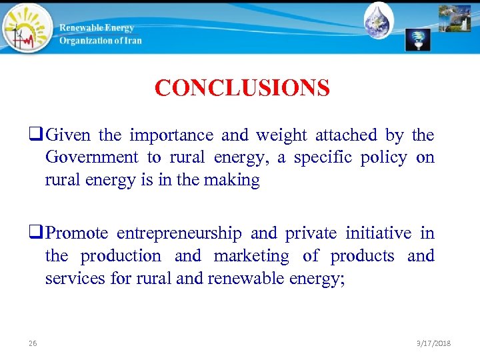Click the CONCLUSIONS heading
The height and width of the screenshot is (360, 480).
[x=242, y=88]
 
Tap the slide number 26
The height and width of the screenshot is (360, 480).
[x=33, y=343]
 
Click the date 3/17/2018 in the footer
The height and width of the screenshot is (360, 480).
[x=433, y=343]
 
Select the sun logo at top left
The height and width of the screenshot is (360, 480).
[x=25, y=28]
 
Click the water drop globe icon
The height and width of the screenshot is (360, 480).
[x=379, y=20]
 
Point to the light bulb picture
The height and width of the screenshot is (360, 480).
[x=418, y=40]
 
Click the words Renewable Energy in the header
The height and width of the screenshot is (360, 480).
[x=97, y=27]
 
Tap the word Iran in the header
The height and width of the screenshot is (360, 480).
[x=131, y=40]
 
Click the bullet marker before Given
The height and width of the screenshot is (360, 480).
[x=37, y=136]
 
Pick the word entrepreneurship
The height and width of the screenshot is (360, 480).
[x=179, y=233]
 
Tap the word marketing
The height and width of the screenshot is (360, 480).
[x=251, y=256]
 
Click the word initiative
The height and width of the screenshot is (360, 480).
[x=378, y=233]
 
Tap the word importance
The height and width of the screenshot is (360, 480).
[x=171, y=135]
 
